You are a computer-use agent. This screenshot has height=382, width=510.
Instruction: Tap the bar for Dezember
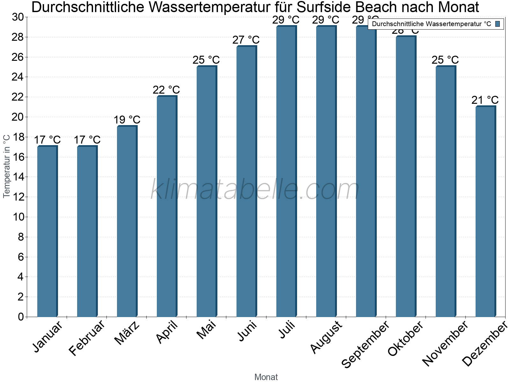(x=485, y=211)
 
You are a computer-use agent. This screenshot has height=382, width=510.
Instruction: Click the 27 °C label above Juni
(x=246, y=40)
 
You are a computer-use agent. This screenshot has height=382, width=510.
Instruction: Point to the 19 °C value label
(x=127, y=120)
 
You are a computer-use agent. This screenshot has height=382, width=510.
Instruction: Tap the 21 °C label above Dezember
(x=485, y=100)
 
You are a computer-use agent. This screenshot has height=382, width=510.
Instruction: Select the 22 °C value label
(x=166, y=90)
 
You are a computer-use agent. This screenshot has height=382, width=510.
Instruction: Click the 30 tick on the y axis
(x=18, y=17)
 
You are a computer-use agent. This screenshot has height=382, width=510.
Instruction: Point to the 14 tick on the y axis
(x=18, y=177)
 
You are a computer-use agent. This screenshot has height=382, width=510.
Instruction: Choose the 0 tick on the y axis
(x=21, y=317)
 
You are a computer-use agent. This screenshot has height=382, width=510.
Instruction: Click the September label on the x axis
(x=365, y=344)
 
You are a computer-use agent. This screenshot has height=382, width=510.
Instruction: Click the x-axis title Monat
(x=266, y=377)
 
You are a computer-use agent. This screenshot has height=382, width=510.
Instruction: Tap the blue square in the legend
(x=498, y=24)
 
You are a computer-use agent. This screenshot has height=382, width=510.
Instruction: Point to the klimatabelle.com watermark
(x=255, y=189)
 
